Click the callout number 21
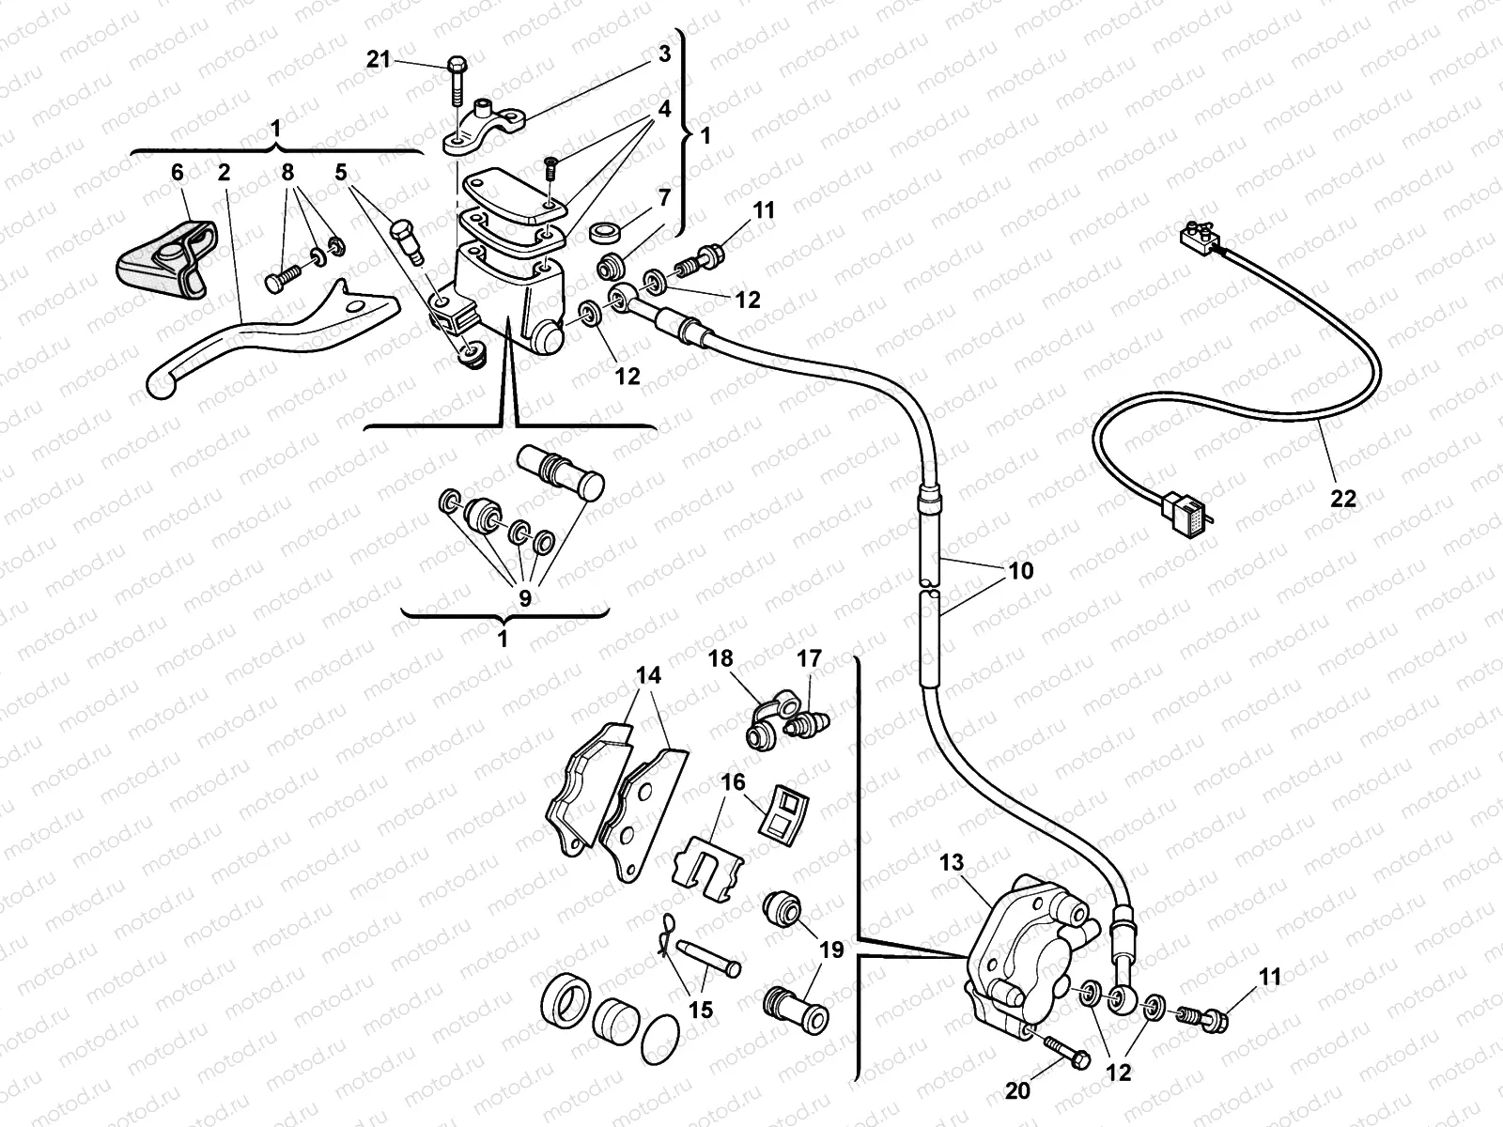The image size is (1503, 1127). click(x=378, y=59)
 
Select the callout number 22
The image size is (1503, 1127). click(x=1344, y=499)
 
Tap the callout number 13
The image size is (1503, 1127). click(x=951, y=863)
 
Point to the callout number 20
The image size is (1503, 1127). click(x=1018, y=1090)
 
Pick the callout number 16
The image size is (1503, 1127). click(x=733, y=781)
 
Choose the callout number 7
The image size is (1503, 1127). click(x=664, y=198)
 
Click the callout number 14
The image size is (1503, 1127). click(x=648, y=675)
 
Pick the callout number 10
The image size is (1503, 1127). click(x=1021, y=570)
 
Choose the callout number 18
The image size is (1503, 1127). click(x=721, y=658)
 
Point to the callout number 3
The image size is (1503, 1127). click(x=664, y=54)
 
